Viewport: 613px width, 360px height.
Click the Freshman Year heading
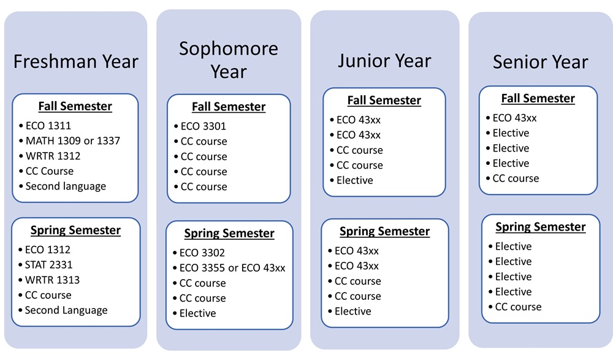(76, 61)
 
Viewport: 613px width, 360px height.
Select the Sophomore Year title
(229, 60)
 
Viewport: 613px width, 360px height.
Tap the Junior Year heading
(384, 61)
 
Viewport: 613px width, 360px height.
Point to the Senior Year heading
(540, 62)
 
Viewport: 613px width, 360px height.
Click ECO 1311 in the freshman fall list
(48, 126)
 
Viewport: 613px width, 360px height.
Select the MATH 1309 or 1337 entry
(73, 140)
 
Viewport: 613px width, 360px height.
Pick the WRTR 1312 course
(53, 156)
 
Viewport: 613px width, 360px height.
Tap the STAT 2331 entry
(48, 265)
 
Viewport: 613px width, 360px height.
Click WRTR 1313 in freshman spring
(52, 280)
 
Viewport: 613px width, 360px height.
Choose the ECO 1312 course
(48, 250)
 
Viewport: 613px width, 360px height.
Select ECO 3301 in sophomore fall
(204, 126)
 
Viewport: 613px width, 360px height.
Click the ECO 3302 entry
(202, 253)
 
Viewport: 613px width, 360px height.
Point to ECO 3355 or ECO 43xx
(232, 268)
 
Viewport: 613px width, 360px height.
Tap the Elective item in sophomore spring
(197, 313)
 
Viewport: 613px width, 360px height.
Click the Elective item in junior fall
(354, 180)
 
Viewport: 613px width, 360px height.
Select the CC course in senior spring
(518, 307)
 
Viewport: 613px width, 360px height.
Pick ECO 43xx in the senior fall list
(514, 118)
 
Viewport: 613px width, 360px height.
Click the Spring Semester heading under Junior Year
(385, 231)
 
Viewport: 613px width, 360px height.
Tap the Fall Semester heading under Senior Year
(538, 98)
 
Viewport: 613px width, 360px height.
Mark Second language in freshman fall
(66, 186)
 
